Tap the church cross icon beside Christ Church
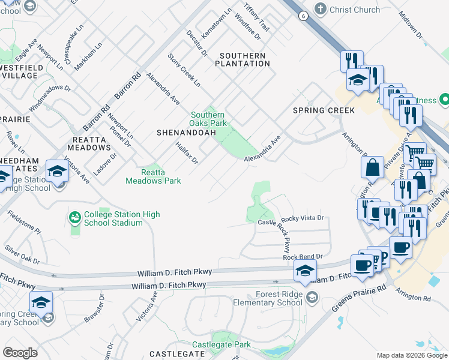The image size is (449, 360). click(x=321, y=9)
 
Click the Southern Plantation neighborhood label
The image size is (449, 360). click(x=243, y=59)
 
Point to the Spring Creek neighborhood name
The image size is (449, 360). click(x=324, y=110)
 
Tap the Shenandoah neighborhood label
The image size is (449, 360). click(x=184, y=131)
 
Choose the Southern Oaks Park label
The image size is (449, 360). click(x=208, y=119)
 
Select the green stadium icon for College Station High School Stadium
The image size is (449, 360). click(x=74, y=217)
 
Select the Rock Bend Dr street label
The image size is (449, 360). click(x=303, y=256)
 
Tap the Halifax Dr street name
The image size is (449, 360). click(x=187, y=153)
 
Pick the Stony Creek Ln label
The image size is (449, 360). click(x=184, y=71)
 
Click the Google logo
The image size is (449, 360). click(x=20, y=352)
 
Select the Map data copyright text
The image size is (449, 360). click(x=412, y=355)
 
